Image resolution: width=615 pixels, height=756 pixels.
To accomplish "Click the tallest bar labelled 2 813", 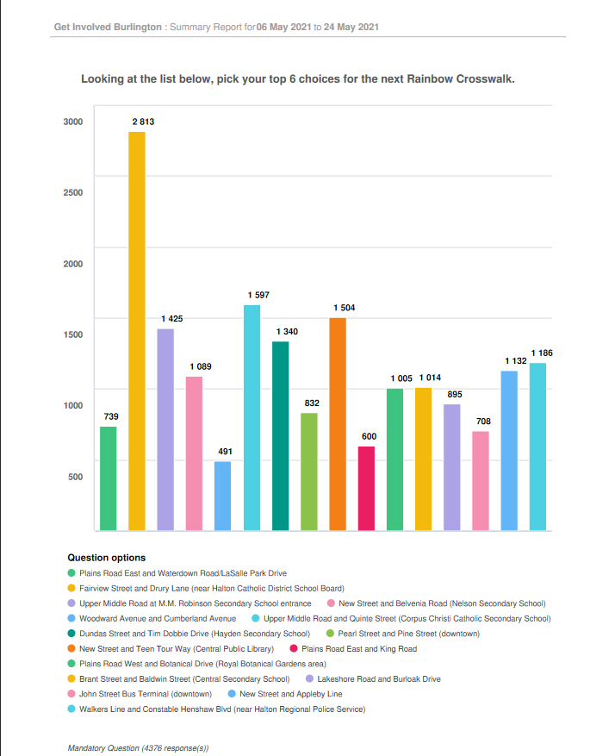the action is (x=137, y=331).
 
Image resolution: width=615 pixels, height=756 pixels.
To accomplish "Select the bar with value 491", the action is (x=222, y=497).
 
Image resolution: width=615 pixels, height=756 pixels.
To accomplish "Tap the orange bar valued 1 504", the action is (x=338, y=424).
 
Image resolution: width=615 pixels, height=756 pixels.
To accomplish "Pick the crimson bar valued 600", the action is (x=366, y=489).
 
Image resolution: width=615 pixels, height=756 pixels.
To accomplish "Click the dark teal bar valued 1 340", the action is (x=280, y=436).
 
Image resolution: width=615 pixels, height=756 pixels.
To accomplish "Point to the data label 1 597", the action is (x=258, y=295).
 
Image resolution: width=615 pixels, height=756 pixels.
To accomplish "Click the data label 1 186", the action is (x=542, y=353).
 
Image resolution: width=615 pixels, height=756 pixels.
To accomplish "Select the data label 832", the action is (x=312, y=403).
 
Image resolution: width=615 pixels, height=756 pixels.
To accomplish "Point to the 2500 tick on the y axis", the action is (x=73, y=192).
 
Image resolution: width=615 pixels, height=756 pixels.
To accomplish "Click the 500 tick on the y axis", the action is (x=76, y=477).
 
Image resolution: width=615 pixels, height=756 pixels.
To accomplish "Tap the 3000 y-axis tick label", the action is (x=73, y=122).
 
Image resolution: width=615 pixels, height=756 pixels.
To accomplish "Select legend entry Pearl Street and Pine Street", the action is (x=403, y=634).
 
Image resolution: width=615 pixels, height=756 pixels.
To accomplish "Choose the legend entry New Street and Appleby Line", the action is (x=285, y=694).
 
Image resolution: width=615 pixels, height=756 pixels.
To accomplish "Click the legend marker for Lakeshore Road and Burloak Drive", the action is (x=310, y=679).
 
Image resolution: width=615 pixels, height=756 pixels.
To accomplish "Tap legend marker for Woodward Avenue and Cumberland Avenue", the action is (x=71, y=618).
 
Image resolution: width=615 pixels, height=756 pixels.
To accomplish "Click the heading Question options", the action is (x=107, y=558).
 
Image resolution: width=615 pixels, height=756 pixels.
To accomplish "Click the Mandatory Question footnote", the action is (x=138, y=747).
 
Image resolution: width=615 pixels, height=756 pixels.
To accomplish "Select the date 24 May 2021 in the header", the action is (x=351, y=27).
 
